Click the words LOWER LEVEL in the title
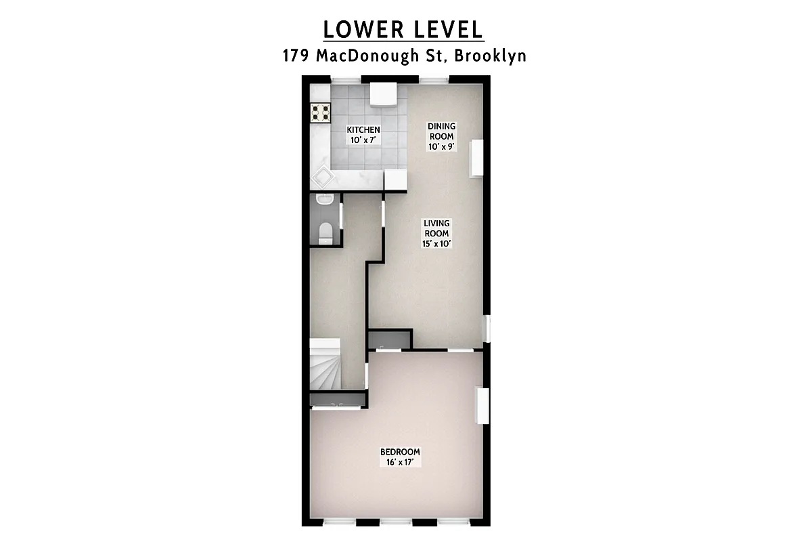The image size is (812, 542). [403, 30]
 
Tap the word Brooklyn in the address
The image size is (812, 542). [491, 56]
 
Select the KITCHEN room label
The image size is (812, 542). [363, 130]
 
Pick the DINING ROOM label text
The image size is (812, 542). [441, 131]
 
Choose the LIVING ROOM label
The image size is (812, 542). [436, 228]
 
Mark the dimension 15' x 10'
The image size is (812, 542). [436, 243]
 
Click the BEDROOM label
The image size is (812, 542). [400, 452]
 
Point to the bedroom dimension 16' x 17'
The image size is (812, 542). [400, 462]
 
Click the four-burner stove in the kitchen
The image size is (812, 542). [320, 112]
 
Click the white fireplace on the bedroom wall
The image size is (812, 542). [482, 405]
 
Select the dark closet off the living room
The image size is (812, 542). [390, 339]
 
